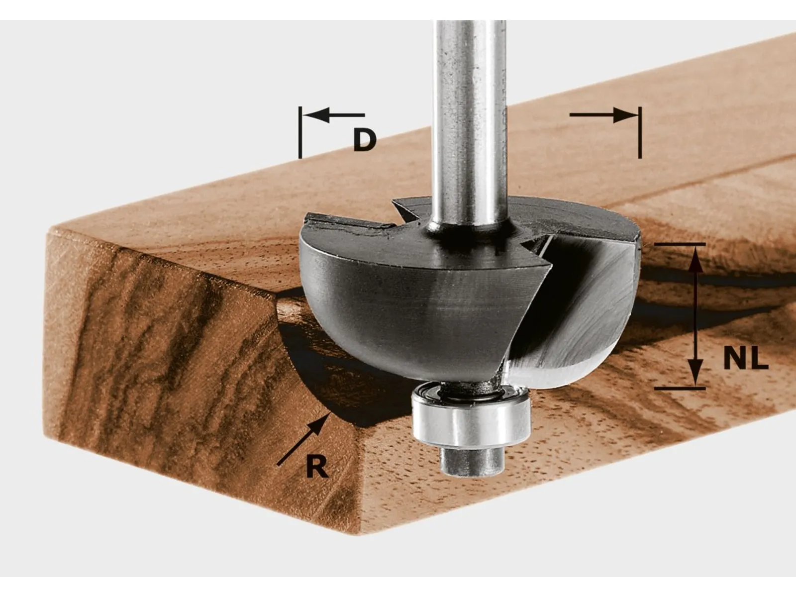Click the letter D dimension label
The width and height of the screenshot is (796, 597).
pos(364,140)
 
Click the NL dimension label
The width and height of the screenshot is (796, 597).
pos(745,359)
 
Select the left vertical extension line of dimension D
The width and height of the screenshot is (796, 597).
pos(300,132)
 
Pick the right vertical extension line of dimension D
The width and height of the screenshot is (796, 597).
pos(640,132)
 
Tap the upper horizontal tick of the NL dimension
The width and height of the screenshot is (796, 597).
pos(680,244)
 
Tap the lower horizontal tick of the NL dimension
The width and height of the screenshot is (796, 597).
pos(680,388)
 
